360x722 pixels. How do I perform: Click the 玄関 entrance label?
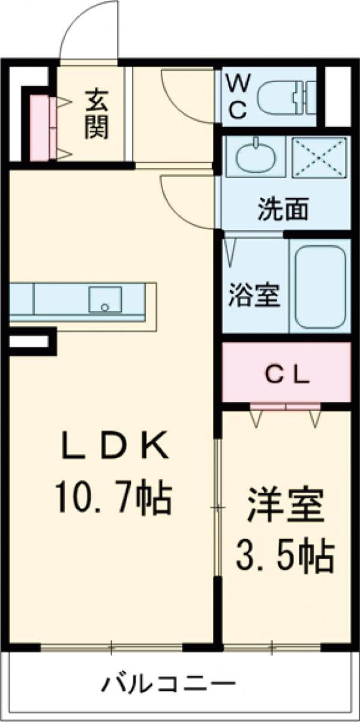[x=96, y=113]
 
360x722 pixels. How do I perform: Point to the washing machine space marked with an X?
[x=319, y=157]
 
